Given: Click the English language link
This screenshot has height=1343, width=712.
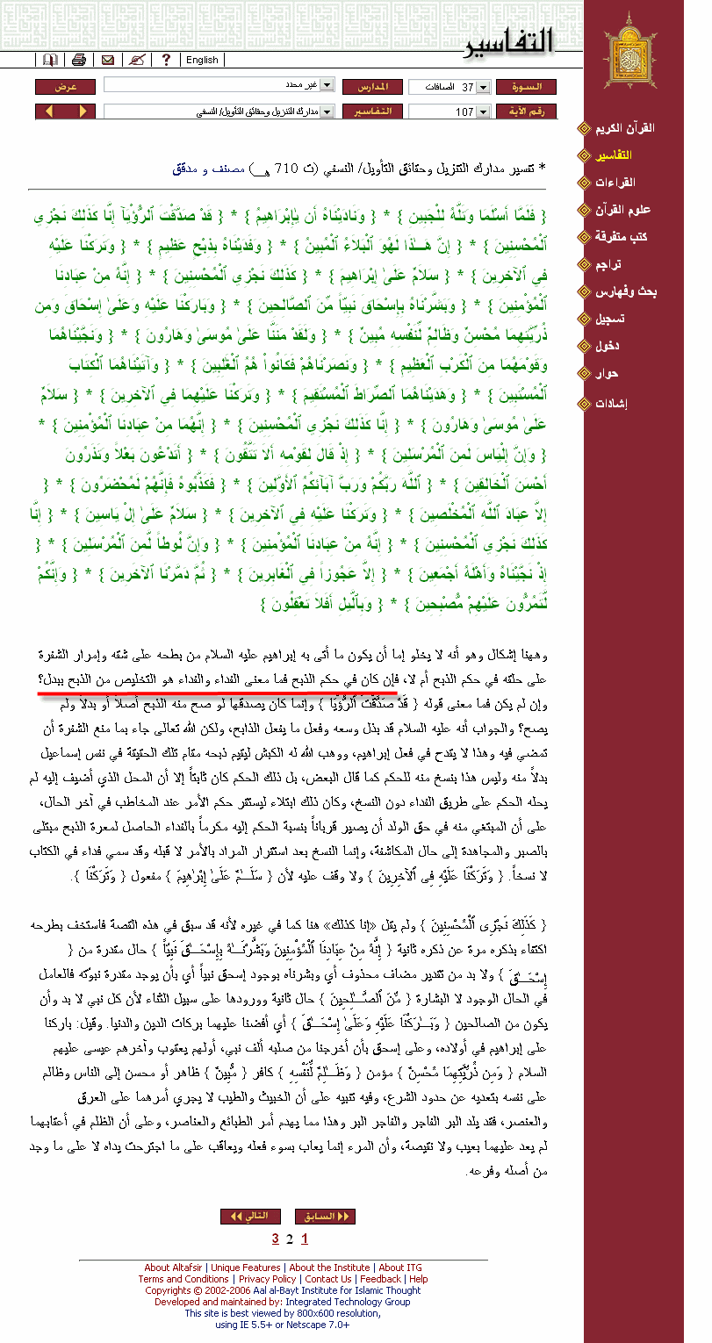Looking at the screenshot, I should point(202,60).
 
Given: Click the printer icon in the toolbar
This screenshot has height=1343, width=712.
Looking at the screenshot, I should point(78,60).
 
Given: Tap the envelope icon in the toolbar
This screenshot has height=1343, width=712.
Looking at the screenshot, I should point(107,60).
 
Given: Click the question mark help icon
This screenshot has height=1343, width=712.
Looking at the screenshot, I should point(165,60).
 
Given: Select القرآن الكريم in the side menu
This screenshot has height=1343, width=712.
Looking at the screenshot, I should point(629,128).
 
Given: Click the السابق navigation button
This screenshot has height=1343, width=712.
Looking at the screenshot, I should point(325,1216).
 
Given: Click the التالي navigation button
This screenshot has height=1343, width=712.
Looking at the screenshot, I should point(250,1216).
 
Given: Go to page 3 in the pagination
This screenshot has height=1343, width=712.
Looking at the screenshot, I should point(276,1239).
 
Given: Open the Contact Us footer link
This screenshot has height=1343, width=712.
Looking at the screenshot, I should point(327,1279).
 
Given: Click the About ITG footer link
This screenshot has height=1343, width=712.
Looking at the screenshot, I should point(400,1268).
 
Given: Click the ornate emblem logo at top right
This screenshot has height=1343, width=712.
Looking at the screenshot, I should point(629,50).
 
